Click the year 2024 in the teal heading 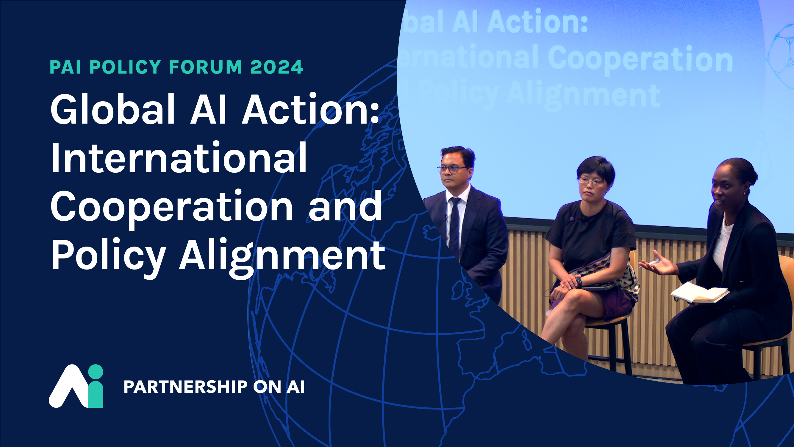277,67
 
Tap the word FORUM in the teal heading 206,67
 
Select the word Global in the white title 112,109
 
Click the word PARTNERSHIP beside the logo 186,387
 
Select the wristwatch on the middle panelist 578,281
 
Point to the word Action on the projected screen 537,22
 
